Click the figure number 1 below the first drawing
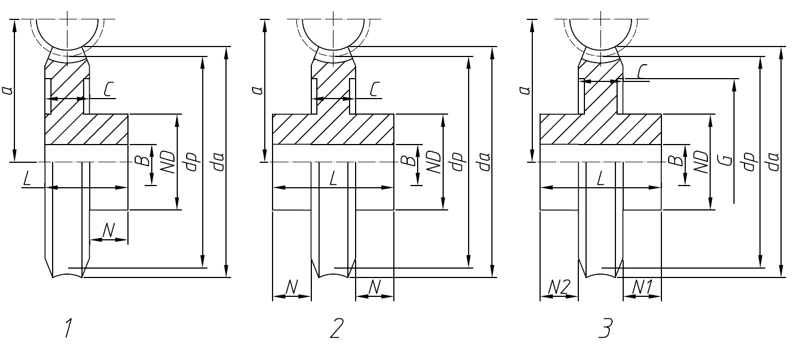[x=69, y=329]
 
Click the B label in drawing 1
[x=143, y=161]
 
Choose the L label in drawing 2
[x=333, y=178]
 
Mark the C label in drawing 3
[x=643, y=71]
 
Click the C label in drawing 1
[x=109, y=89]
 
